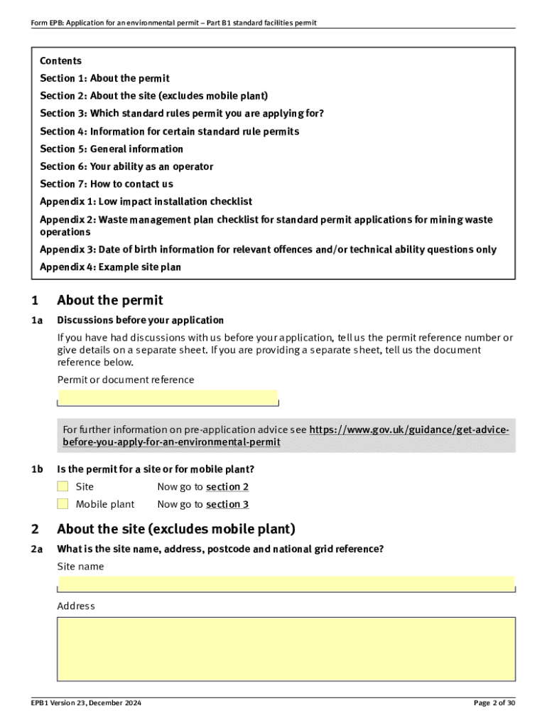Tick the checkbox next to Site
(x=63, y=487)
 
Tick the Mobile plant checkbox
(x=63, y=504)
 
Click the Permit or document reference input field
(x=168, y=397)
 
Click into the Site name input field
(x=286, y=584)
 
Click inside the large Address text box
(x=286, y=648)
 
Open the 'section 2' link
(x=227, y=487)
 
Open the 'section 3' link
(x=227, y=504)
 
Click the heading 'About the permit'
(x=109, y=300)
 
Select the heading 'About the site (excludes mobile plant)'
(x=175, y=529)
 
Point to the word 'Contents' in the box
(x=60, y=61)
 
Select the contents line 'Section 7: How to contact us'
(x=107, y=184)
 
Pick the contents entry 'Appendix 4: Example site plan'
(x=110, y=267)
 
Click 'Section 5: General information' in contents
(x=112, y=149)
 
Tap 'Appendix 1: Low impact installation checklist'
(x=146, y=202)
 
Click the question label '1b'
(x=37, y=469)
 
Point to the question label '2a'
(x=37, y=549)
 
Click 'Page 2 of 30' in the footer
(x=494, y=703)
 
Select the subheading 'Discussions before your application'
(x=140, y=320)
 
